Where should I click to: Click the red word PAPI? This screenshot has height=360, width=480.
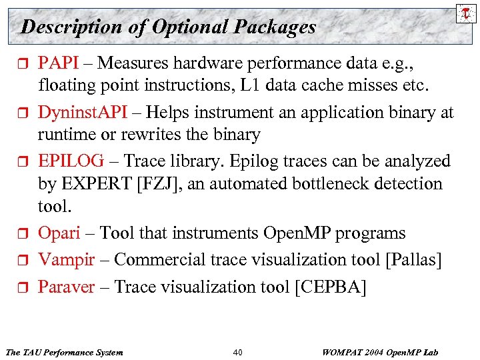coord(58,63)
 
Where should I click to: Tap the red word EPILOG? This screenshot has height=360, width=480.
coord(71,161)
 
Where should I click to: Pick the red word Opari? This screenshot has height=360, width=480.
coord(59,233)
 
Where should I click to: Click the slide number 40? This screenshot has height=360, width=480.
coord(239,351)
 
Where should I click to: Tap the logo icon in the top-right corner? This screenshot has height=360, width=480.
coord(464,13)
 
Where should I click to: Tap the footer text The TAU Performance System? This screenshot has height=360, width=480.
coord(64,351)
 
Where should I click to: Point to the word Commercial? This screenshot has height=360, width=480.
coord(157,260)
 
